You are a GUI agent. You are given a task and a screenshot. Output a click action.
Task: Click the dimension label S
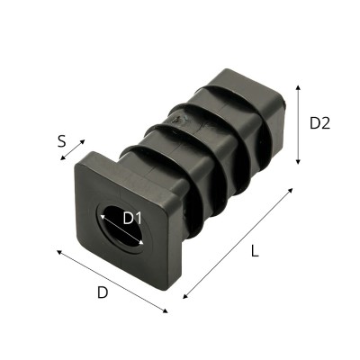[x=61, y=140]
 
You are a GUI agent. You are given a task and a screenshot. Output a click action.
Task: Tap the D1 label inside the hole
[x=132, y=217]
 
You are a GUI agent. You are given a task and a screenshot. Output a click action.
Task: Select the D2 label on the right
[x=319, y=124]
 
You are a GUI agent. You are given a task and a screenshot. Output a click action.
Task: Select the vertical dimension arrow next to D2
[x=297, y=124]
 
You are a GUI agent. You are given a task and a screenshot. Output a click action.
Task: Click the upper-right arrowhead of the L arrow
[x=292, y=191]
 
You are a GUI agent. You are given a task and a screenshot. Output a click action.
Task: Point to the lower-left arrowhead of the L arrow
[x=184, y=297]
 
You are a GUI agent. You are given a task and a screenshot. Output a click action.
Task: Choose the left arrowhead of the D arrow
[x=58, y=252]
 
